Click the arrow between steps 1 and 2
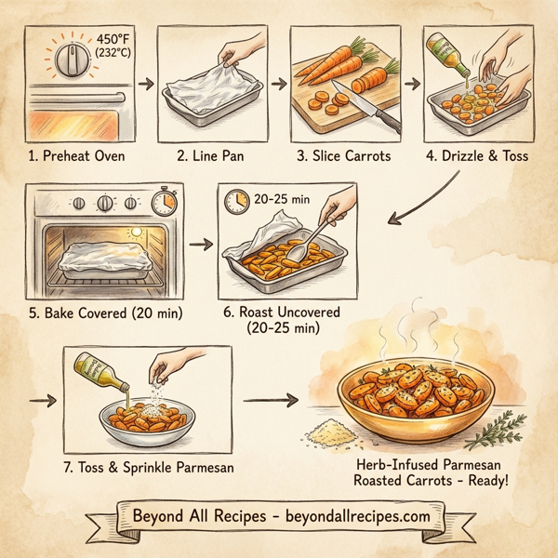(144, 84)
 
